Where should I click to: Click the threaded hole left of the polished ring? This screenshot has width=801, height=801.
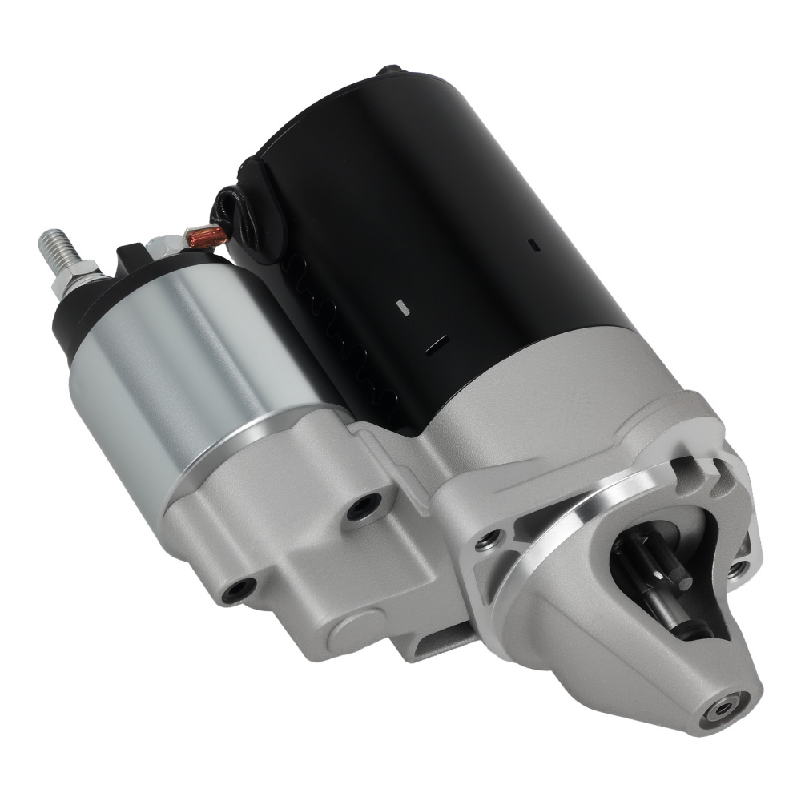(485, 542)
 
